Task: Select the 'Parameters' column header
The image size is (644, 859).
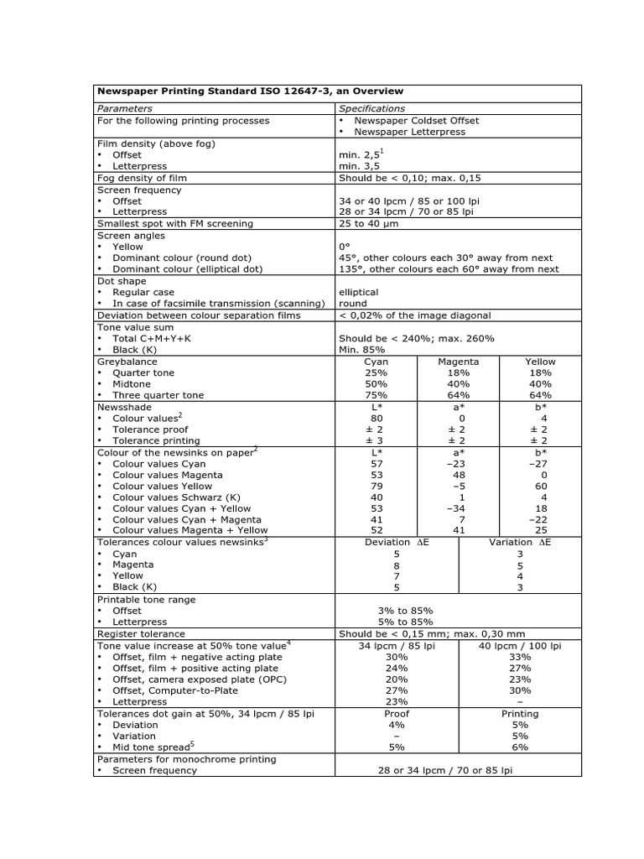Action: tap(125, 108)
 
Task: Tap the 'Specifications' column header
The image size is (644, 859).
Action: tap(371, 108)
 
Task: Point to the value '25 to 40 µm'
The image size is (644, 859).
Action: tap(370, 224)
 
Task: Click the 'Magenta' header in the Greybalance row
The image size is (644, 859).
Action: tap(458, 362)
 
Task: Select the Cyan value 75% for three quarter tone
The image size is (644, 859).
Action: tap(377, 395)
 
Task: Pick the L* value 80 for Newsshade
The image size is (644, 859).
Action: tap(377, 418)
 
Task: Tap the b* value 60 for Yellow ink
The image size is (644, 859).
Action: tap(541, 486)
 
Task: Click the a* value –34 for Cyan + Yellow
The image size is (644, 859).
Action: tap(458, 508)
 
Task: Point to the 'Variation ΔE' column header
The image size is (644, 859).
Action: tap(520, 542)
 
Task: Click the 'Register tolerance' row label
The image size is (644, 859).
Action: tap(141, 634)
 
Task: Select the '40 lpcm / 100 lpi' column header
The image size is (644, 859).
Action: tap(520, 645)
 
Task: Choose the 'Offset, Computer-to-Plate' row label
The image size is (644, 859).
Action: tap(175, 690)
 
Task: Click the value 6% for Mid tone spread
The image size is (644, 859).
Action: tap(520, 747)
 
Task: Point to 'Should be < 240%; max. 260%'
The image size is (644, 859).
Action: tap(417, 338)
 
